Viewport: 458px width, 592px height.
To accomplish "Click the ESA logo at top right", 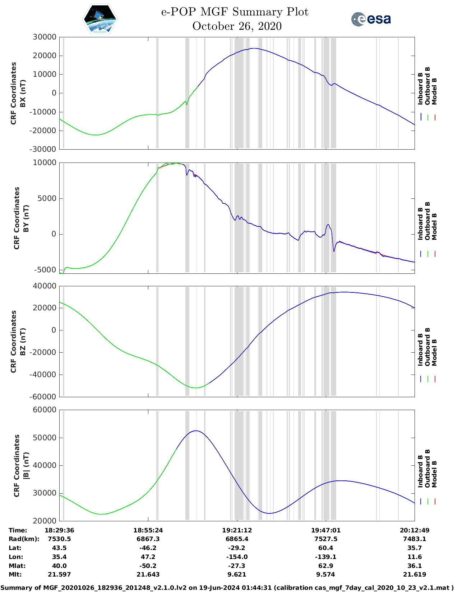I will [x=371, y=19].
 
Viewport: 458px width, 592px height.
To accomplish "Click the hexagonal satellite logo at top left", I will [x=100, y=19].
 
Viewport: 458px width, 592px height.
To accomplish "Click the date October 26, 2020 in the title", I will [x=237, y=26].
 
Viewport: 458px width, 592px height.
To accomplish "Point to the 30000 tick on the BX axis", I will [x=45, y=37].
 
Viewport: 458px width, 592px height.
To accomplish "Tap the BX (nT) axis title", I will [x=23, y=93].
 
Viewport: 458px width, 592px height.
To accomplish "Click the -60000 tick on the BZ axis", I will [x=43, y=397].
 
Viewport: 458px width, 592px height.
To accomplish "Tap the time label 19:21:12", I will [x=237, y=530].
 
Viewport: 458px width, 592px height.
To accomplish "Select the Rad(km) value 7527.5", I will [x=325, y=539].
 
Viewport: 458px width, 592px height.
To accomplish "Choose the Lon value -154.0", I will [x=237, y=557].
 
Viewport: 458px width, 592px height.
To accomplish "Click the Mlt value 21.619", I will [x=415, y=574].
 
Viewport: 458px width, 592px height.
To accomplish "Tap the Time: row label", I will [x=18, y=530].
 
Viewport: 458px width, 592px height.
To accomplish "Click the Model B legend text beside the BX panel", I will [x=434, y=91].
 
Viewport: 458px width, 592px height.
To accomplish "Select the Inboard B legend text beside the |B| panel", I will [x=420, y=471].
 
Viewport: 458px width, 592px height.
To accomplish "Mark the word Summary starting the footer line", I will [x=17, y=588].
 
